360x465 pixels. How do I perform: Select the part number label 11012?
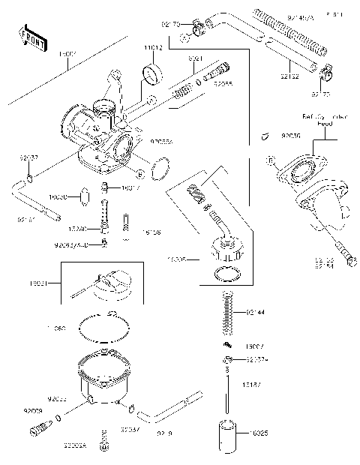pyautogui.click(x=152, y=46)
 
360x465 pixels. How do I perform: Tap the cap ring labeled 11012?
pyautogui.click(x=154, y=74)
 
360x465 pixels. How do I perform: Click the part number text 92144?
pyautogui.click(x=256, y=310)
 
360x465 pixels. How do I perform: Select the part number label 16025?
pyautogui.click(x=255, y=434)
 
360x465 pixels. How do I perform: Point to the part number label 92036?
pyautogui.click(x=269, y=137)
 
